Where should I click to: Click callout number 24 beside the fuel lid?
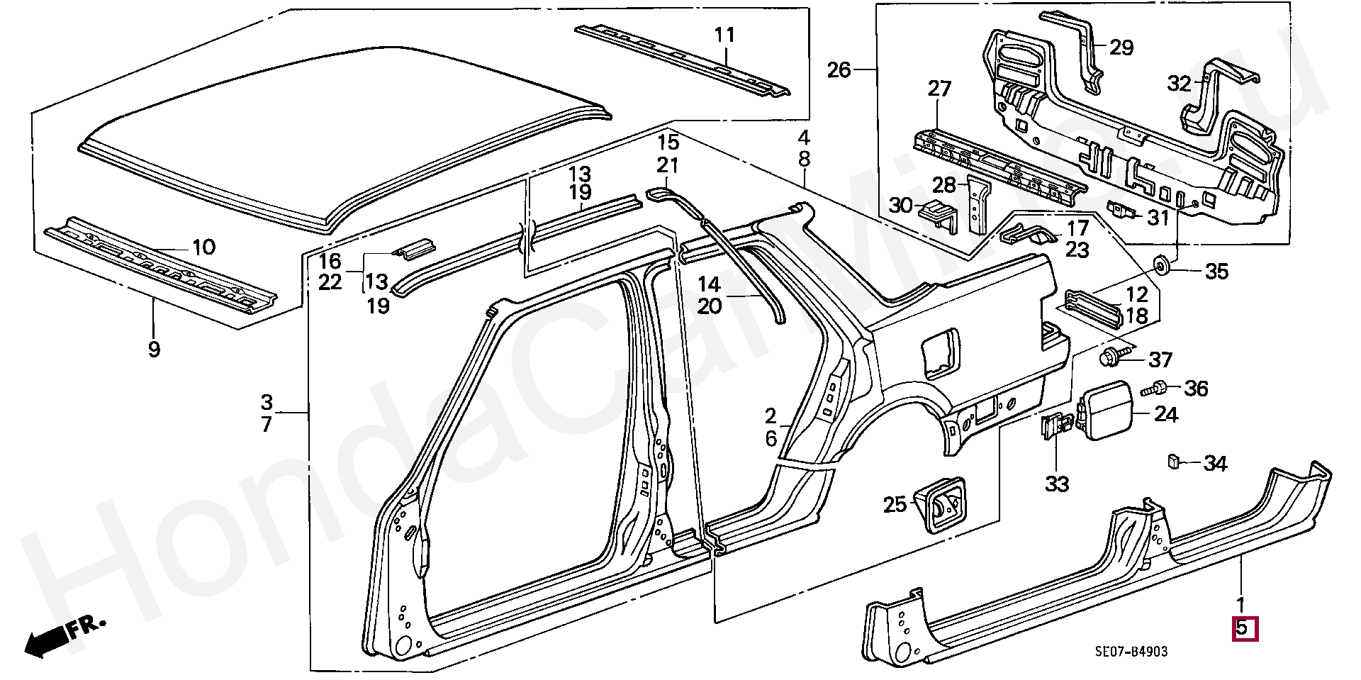click(1166, 414)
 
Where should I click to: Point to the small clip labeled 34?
click(1172, 462)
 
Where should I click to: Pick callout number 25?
click(895, 504)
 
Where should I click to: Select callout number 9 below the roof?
click(155, 349)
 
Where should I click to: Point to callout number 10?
click(203, 247)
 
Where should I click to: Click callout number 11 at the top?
click(724, 35)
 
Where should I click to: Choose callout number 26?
click(839, 70)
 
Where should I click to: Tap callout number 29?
click(1121, 48)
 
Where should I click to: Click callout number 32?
click(1180, 84)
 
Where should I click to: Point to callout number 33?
click(1057, 484)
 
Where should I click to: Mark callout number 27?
click(939, 89)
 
